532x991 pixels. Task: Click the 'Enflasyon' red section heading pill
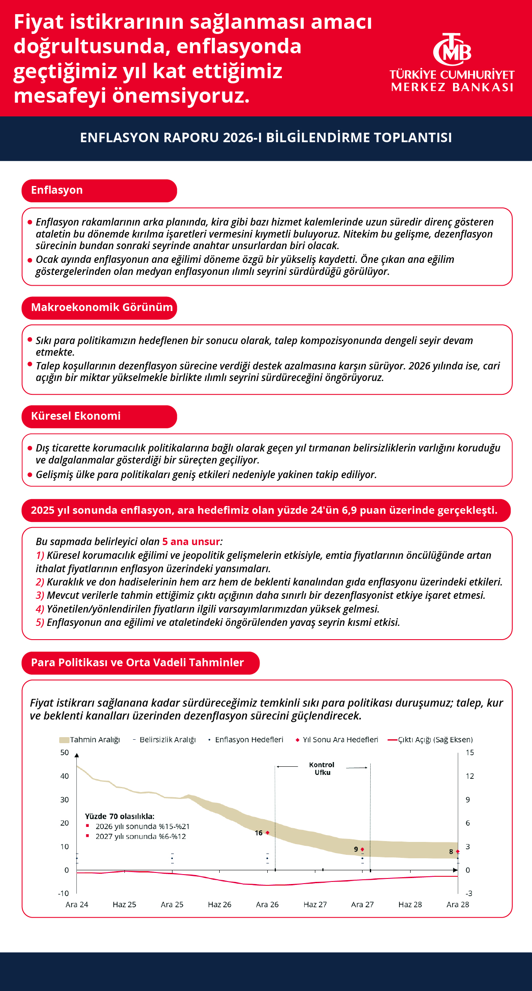[x=99, y=190]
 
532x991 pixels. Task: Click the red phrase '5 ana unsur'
[x=191, y=542]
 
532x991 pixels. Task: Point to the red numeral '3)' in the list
[x=40, y=595]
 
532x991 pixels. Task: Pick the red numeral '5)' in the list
[x=40, y=622]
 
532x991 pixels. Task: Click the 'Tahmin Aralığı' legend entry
[x=90, y=740]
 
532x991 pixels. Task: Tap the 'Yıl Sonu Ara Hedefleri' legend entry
[x=337, y=740]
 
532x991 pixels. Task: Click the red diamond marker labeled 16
[x=268, y=833]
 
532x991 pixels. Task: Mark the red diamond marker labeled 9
[x=363, y=849]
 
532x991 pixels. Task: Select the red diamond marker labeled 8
[x=458, y=851]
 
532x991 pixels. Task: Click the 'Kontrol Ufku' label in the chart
[x=322, y=768]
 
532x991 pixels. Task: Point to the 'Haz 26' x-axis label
[x=220, y=905]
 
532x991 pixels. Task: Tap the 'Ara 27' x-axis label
[x=363, y=905]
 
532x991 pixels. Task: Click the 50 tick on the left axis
[x=64, y=753]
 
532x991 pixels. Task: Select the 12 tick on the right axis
[x=470, y=776]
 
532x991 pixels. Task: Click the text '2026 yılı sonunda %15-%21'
[x=142, y=826]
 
